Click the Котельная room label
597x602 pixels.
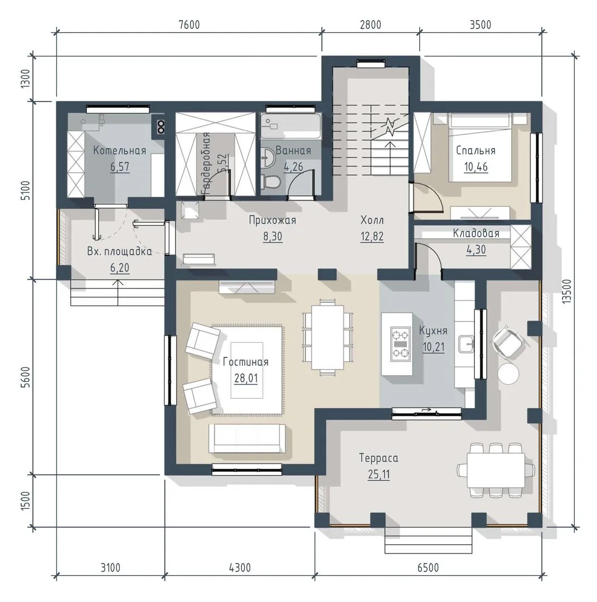pyautogui.click(x=119, y=151)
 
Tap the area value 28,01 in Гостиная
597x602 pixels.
pyautogui.click(x=246, y=378)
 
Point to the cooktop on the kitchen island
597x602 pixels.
pyautogui.click(x=400, y=344)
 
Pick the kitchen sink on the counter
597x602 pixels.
pyautogui.click(x=466, y=343)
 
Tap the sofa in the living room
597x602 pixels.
pyautogui.click(x=247, y=439)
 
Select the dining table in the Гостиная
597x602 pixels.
pyautogui.click(x=328, y=337)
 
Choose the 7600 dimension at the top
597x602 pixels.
pyautogui.click(x=190, y=25)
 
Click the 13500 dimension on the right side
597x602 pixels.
pyautogui.click(x=567, y=292)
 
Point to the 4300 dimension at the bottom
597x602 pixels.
pyautogui.click(x=240, y=567)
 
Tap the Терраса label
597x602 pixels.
pyautogui.click(x=378, y=458)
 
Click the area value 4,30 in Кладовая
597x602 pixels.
pyautogui.click(x=476, y=250)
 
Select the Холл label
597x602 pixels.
pyautogui.click(x=372, y=220)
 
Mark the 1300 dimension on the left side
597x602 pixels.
pyautogui.click(x=25, y=79)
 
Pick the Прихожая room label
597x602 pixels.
pyautogui.click(x=273, y=220)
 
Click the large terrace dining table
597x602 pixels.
pyautogui.click(x=496, y=470)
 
